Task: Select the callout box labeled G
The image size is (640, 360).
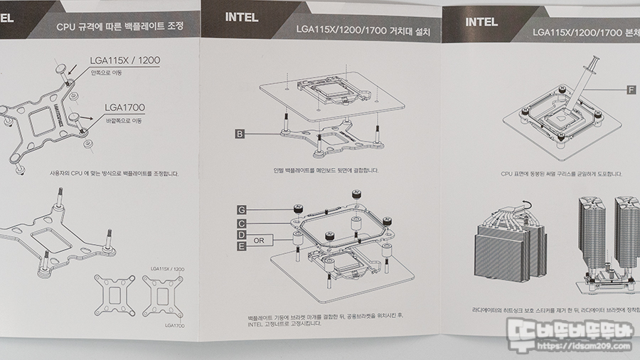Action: click(242, 210)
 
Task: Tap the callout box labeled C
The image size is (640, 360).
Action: click(242, 223)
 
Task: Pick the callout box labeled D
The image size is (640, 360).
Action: click(242, 235)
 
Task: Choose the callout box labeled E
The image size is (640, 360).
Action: click(242, 246)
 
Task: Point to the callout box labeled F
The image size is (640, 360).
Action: click(631, 90)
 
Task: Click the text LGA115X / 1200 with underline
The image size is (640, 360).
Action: click(124, 60)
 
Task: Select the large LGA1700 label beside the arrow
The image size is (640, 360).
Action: click(124, 108)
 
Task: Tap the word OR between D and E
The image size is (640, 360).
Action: click(259, 240)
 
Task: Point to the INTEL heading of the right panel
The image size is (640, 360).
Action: click(481, 22)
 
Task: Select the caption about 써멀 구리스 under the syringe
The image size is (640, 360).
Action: click(561, 173)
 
